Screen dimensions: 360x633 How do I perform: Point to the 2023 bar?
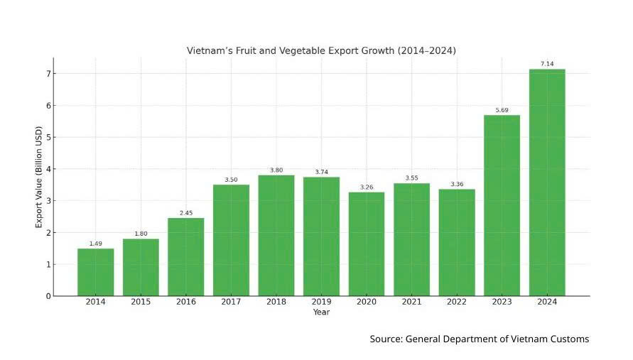click(502, 205)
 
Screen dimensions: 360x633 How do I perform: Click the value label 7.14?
click(547, 64)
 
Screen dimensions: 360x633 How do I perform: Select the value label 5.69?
click(502, 110)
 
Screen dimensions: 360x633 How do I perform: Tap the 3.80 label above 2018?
click(276, 170)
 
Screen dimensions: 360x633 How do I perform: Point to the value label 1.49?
click(95, 244)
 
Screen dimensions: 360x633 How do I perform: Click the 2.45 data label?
click(185, 213)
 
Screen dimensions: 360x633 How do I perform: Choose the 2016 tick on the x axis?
click(185, 302)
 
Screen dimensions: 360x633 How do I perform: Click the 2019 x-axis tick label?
click(321, 302)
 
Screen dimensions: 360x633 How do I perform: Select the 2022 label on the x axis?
click(457, 302)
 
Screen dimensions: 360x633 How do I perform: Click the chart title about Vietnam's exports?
click(321, 51)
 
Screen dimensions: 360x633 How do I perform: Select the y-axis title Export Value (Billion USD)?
click(39, 178)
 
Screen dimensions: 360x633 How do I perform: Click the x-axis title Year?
click(321, 312)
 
